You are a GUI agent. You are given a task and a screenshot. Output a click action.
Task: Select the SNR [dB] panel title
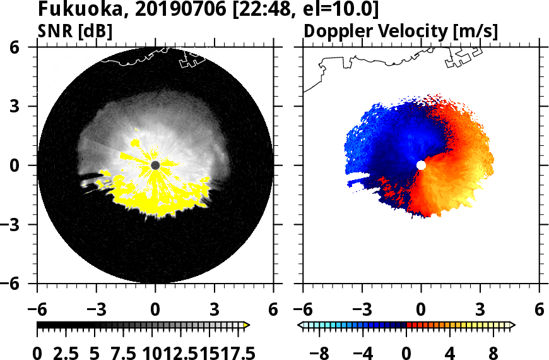pyautogui.click(x=75, y=30)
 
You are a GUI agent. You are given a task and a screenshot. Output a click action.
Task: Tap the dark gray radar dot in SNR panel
pyautogui.click(x=155, y=165)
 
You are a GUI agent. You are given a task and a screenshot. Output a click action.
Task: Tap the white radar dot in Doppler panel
pyautogui.click(x=421, y=165)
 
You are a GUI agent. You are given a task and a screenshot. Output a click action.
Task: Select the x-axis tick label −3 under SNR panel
pyautogui.click(x=96, y=310)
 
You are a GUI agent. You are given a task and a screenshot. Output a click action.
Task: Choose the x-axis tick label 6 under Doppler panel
pyautogui.click(x=539, y=310)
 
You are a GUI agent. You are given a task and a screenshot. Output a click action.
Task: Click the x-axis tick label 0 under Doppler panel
pyautogui.click(x=421, y=310)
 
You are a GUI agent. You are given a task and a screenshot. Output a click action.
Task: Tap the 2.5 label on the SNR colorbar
pyautogui.click(x=68, y=352)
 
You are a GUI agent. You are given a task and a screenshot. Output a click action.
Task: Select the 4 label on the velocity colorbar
pyautogui.click(x=449, y=352)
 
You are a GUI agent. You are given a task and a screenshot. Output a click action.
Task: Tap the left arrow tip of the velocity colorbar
pyautogui.click(x=300, y=325)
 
